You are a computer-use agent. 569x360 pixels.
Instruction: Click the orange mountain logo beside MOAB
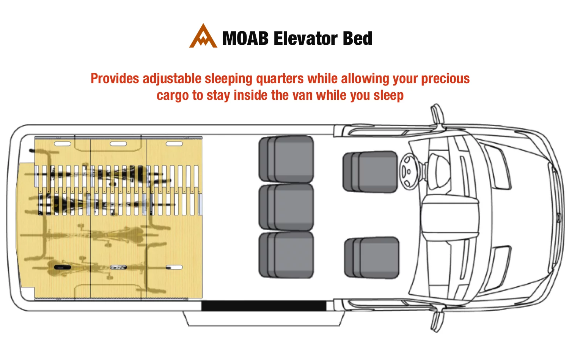click(203, 37)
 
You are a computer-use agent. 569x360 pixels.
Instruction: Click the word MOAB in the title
click(245, 38)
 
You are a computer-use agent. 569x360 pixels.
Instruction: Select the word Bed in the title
click(357, 38)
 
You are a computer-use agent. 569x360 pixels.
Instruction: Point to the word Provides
click(115, 78)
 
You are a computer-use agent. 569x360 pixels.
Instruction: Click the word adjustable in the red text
click(172, 79)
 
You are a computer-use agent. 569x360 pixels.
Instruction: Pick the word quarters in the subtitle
click(280, 79)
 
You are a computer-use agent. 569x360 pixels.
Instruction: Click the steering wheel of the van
click(408, 172)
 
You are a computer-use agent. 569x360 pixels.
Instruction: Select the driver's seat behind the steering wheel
click(370, 172)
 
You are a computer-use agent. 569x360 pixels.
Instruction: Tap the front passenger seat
click(372, 258)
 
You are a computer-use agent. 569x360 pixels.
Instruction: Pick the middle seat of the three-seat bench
click(286, 207)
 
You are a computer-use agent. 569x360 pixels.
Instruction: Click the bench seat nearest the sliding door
click(286, 255)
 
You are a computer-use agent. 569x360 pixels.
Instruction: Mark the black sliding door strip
click(264, 306)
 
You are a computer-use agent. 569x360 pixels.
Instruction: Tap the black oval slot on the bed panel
click(63, 267)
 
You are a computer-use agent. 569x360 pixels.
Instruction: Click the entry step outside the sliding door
click(264, 319)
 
